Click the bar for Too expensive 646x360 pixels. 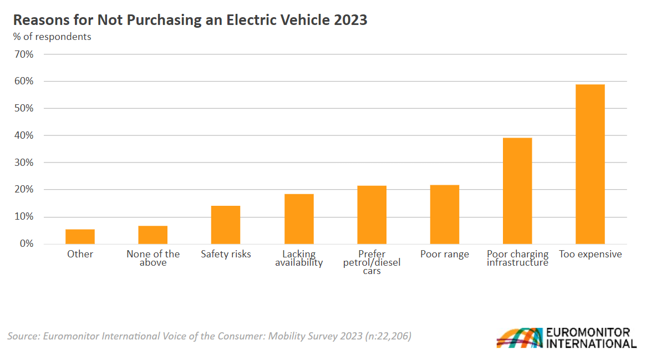tap(590, 164)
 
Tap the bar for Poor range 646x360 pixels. tap(445, 215)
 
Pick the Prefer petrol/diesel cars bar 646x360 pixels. tap(372, 215)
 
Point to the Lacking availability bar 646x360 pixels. tap(299, 219)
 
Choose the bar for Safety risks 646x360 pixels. tap(226, 225)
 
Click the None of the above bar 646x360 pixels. tap(153, 235)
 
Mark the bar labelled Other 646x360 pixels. tap(80, 236)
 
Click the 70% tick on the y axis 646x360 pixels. tap(25, 54)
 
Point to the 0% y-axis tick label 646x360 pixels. tap(27, 244)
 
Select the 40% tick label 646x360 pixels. tap(25, 135)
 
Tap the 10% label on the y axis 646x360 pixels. tap(25, 217)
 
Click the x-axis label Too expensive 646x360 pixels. tap(591, 254)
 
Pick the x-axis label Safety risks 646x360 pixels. tap(226, 254)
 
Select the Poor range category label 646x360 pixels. tap(445, 254)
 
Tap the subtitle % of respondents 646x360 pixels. tap(52, 37)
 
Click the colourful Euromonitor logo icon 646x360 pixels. tap(520, 338)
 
